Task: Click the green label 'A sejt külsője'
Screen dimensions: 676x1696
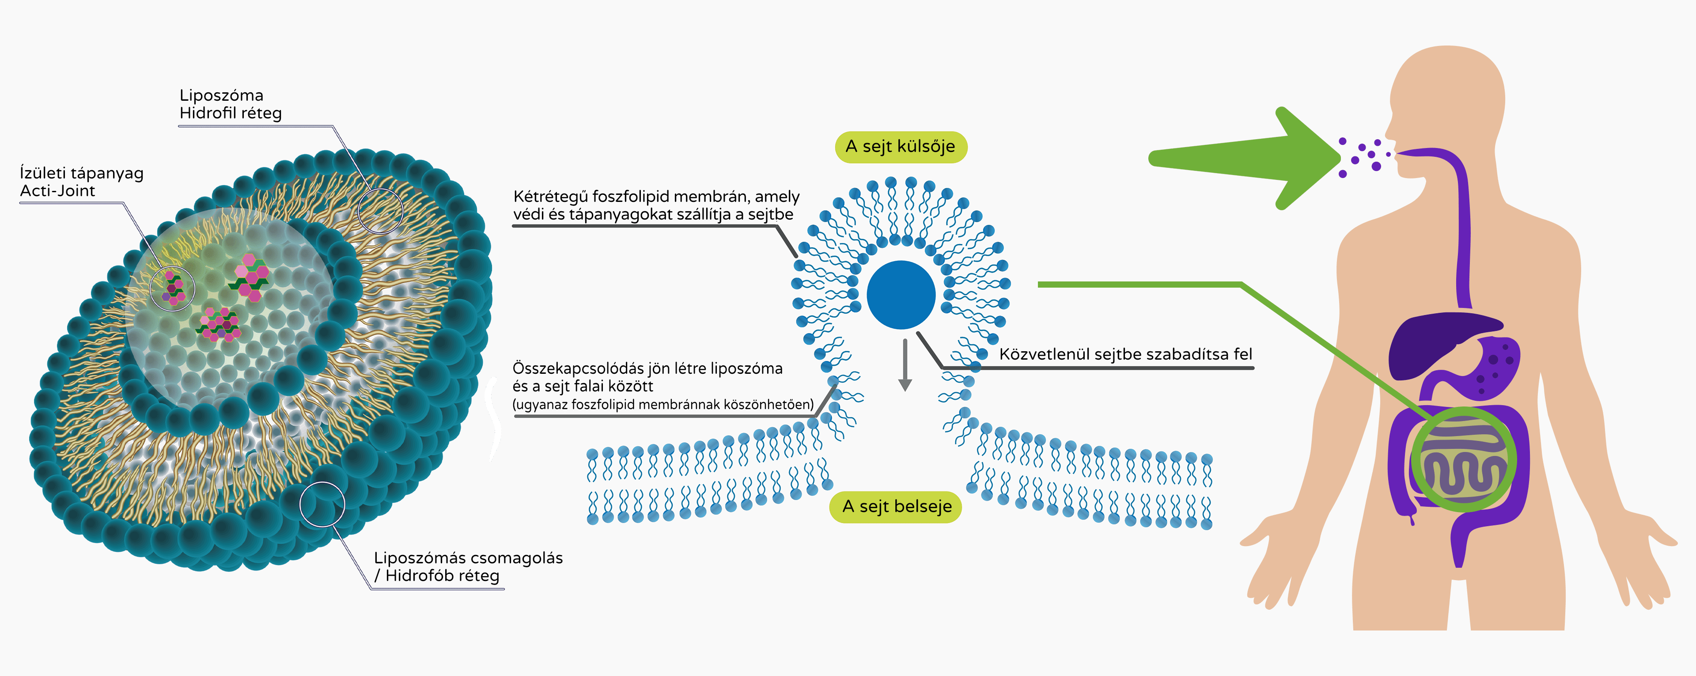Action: (x=900, y=146)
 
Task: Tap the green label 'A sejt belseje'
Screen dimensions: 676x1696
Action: (x=896, y=507)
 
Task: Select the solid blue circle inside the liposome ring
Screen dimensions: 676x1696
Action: (x=901, y=295)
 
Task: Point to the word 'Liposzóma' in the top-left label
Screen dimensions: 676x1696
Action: (x=221, y=95)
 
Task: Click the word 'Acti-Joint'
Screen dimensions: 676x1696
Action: (x=57, y=191)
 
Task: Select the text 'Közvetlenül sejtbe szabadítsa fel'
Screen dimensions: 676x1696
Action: (x=1125, y=354)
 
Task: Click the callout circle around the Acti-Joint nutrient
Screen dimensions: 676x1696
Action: (x=173, y=289)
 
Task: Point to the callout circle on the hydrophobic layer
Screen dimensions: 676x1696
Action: (x=322, y=504)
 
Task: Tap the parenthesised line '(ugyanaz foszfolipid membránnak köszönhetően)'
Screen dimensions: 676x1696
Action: (x=662, y=405)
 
